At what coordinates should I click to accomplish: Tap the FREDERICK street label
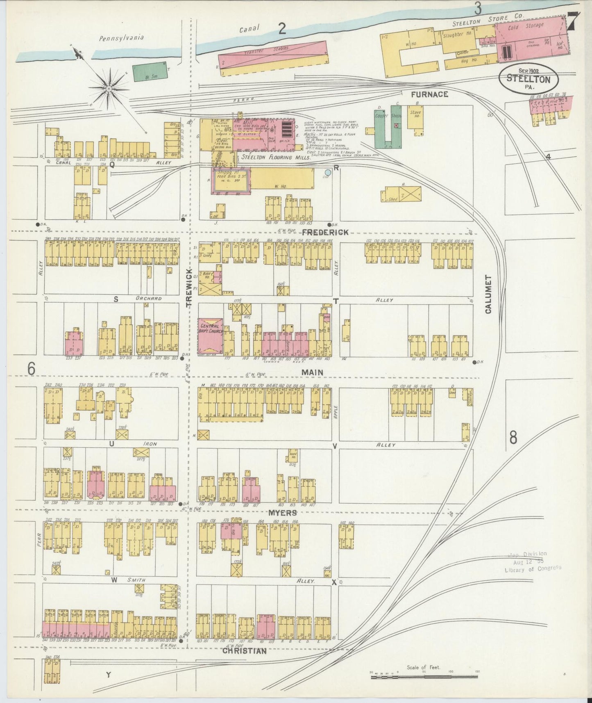(326, 232)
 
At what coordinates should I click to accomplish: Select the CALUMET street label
(488, 294)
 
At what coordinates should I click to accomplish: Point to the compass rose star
(109, 88)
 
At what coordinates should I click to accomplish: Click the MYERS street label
(283, 513)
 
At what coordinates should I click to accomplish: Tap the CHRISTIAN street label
(245, 651)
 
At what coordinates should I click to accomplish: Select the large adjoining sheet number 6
(31, 369)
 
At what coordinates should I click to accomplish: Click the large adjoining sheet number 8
(513, 438)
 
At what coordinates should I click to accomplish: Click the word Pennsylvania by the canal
(122, 38)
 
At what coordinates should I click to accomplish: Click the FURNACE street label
(429, 94)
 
